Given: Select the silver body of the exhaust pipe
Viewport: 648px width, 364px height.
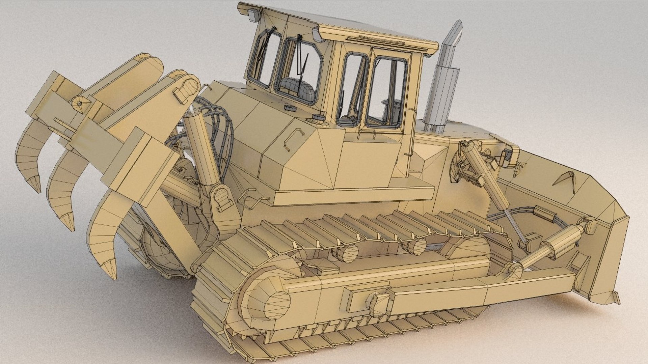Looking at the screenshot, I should click(x=442, y=91).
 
